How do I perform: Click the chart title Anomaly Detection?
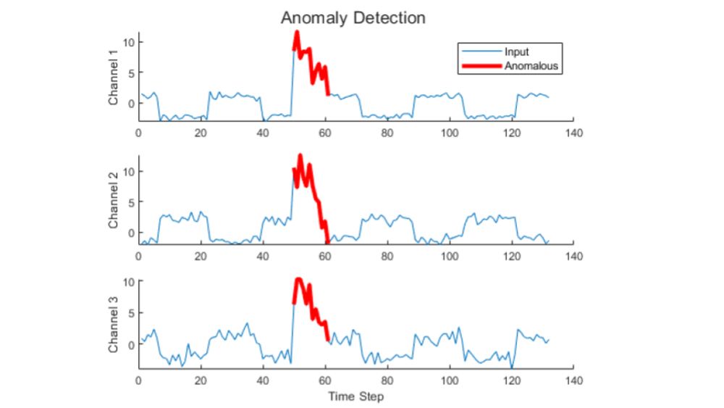[x=353, y=17]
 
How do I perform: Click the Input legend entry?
[x=517, y=52]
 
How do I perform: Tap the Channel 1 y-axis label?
[x=114, y=77]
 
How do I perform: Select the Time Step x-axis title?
[x=355, y=396]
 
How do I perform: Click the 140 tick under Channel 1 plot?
[x=573, y=133]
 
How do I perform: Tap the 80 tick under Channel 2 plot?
[x=387, y=256]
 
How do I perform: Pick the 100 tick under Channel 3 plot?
[x=449, y=379]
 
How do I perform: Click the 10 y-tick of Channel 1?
[x=127, y=42]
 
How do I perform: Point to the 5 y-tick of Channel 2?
[x=129, y=202]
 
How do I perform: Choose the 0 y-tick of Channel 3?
[x=129, y=344]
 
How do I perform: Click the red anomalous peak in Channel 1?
[x=297, y=33]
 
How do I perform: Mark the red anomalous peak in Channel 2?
[x=300, y=156]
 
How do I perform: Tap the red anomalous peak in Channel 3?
[x=298, y=279]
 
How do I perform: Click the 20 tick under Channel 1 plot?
[x=201, y=133]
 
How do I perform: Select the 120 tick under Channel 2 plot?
[x=511, y=256]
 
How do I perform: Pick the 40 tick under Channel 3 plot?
[x=263, y=379]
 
